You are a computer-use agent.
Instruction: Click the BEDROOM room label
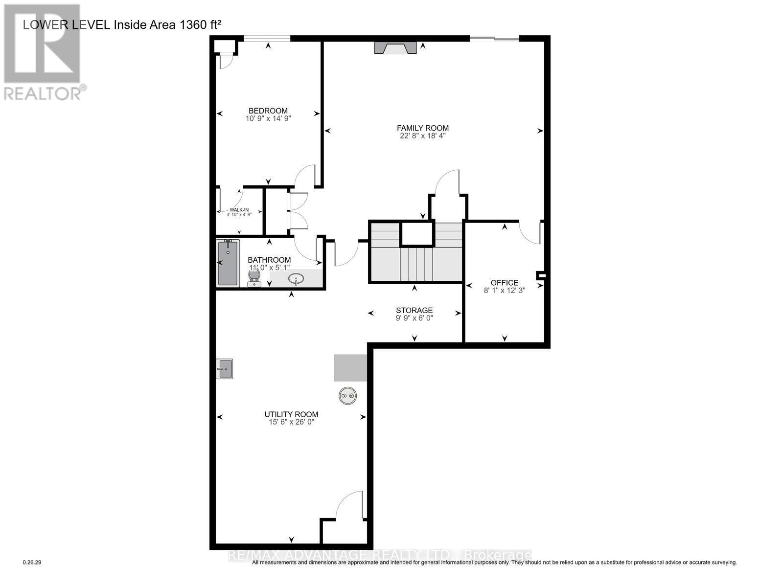pos(268,111)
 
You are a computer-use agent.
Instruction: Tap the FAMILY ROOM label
pos(423,128)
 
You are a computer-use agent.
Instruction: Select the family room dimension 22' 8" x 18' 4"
pos(423,136)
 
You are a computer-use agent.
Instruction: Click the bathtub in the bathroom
pos(228,263)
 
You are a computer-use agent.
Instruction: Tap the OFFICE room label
pos(504,283)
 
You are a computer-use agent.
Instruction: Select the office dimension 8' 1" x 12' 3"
pos(504,291)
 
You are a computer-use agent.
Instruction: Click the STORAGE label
pos(414,310)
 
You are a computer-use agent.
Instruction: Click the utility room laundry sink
pos(225,369)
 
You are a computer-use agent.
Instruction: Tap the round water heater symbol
pos(348,396)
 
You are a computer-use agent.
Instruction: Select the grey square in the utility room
pos(350,368)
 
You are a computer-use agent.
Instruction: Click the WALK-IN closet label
pos(239,210)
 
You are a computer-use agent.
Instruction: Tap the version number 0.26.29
pos(33,563)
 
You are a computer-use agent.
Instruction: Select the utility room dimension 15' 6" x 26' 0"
pos(291,422)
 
